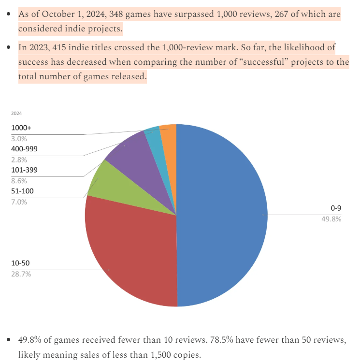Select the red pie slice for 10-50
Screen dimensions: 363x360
pyautogui.click(x=130, y=256)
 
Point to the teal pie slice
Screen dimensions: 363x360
pyautogui.click(x=153, y=134)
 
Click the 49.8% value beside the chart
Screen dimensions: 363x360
pyautogui.click(x=331, y=219)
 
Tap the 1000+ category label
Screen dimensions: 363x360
pyautogui.click(x=21, y=128)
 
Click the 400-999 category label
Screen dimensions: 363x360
pyautogui.click(x=25, y=149)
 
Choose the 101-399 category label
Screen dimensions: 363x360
pyautogui.click(x=24, y=170)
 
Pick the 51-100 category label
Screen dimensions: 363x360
pyautogui.click(x=22, y=191)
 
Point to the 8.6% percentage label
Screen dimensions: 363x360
pyautogui.click(x=19, y=181)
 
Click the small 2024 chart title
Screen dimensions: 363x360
pyautogui.click(x=16, y=113)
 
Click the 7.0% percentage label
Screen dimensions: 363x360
pyautogui.click(x=19, y=202)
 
